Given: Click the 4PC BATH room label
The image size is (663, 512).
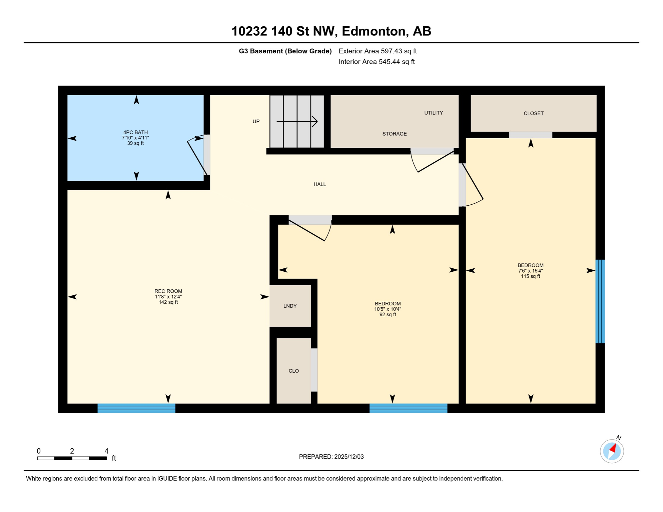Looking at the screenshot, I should point(135,132).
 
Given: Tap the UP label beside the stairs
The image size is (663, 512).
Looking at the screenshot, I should point(256,122).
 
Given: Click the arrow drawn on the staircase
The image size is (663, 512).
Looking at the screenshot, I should point(297,122).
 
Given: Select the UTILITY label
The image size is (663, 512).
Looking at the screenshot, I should point(434,113).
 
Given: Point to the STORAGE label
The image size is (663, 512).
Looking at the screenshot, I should point(394,134).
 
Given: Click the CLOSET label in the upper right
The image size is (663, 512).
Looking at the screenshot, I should point(533,114).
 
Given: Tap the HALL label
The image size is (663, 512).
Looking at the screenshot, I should point(319,184).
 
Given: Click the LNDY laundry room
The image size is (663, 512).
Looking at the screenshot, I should point(290,306).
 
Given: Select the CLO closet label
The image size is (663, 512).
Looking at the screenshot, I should point(293,371).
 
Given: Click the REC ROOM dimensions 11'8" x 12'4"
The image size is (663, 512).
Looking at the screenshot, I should point(168,297).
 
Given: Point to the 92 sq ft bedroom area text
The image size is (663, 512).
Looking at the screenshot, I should point(388,315).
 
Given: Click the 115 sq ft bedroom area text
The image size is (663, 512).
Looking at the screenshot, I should point(530,276).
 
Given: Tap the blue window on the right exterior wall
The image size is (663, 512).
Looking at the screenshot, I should point(600,301).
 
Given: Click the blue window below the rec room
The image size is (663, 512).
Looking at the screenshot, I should point(136,408).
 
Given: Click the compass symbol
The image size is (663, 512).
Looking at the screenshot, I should point(612,451).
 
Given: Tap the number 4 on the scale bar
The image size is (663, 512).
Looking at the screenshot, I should point(106,451).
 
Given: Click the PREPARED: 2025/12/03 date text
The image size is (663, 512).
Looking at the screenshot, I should point(331,457).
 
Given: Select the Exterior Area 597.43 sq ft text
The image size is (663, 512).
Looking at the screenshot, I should point(378,51).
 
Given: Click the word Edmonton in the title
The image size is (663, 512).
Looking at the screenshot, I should point(375,31).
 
